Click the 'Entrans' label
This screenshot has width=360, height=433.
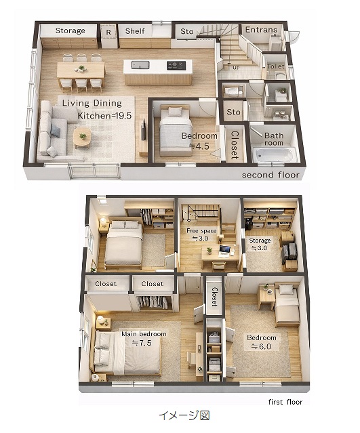261,30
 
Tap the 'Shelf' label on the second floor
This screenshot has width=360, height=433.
135,31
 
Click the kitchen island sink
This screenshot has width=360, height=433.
140,65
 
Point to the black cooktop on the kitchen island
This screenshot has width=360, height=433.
176,66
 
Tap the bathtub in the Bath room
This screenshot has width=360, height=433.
275,155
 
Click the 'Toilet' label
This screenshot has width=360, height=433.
276,66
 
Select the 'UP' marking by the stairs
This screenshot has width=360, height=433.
236,67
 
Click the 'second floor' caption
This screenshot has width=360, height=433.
271,175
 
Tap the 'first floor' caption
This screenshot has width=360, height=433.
285,402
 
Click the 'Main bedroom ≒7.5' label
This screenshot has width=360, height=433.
144,338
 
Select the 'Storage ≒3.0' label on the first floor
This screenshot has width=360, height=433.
260,244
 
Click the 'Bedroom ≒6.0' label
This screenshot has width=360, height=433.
262,342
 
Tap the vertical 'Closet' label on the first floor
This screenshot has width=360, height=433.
214,297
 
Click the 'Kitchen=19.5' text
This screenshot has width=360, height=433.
104,115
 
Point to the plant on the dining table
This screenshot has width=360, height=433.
81,68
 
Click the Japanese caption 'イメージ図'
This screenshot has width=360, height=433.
184,415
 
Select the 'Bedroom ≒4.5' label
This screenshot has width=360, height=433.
199,141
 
